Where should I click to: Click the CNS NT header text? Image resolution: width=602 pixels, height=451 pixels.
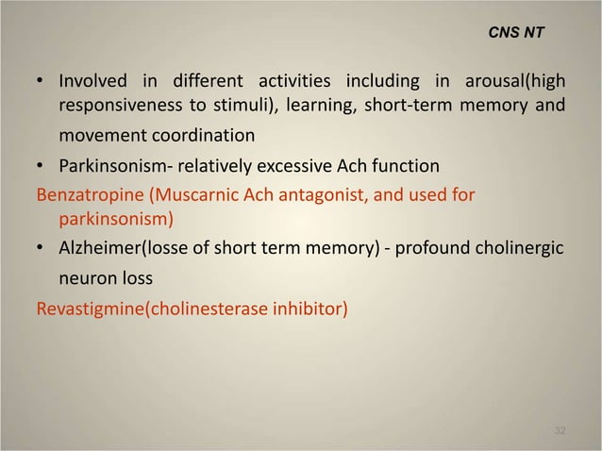tap(516, 32)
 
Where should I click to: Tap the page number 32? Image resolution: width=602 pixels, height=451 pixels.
tap(560, 430)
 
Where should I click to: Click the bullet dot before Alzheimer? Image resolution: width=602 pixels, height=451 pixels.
tap(42, 248)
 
